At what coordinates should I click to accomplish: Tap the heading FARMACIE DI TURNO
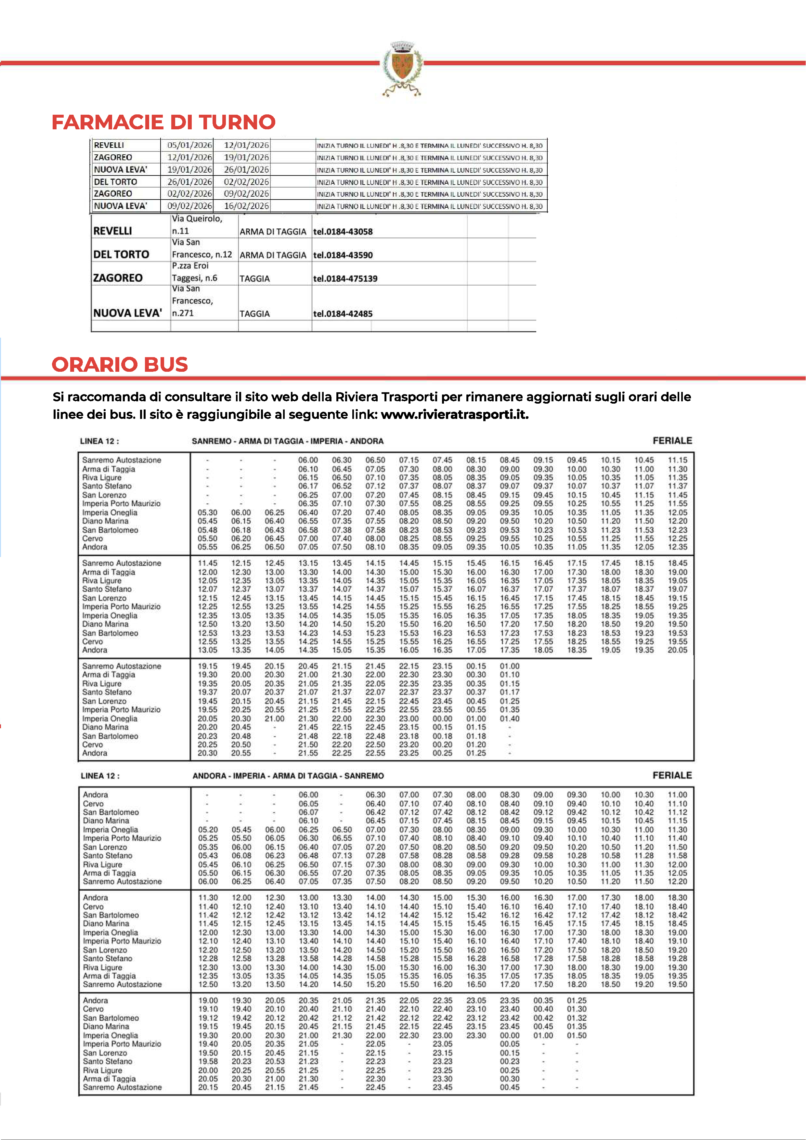163,122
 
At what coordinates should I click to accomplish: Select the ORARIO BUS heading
120,364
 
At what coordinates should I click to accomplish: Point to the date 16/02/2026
246,206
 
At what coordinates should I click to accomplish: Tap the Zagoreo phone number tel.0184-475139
345,279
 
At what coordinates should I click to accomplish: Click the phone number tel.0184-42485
343,314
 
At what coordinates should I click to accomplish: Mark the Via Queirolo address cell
197,225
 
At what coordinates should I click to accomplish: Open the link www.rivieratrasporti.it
454,415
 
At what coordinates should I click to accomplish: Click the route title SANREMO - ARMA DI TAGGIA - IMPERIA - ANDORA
288,441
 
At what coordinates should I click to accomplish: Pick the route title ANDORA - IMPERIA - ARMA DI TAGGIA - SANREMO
288,776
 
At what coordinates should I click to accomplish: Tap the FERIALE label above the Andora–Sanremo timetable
672,775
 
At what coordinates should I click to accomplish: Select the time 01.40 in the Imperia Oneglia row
510,719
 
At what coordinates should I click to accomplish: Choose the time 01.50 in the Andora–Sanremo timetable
577,1036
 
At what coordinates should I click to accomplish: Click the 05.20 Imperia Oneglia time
208,830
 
